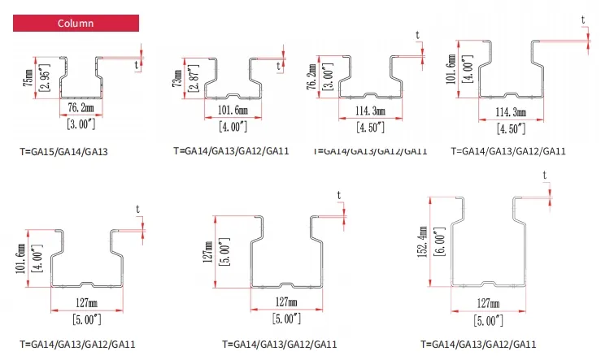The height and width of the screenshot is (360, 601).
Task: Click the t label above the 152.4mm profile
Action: (545, 175)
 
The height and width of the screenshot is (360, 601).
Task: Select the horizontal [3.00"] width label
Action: (81, 123)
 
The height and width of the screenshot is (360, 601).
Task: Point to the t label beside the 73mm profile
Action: (279, 65)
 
